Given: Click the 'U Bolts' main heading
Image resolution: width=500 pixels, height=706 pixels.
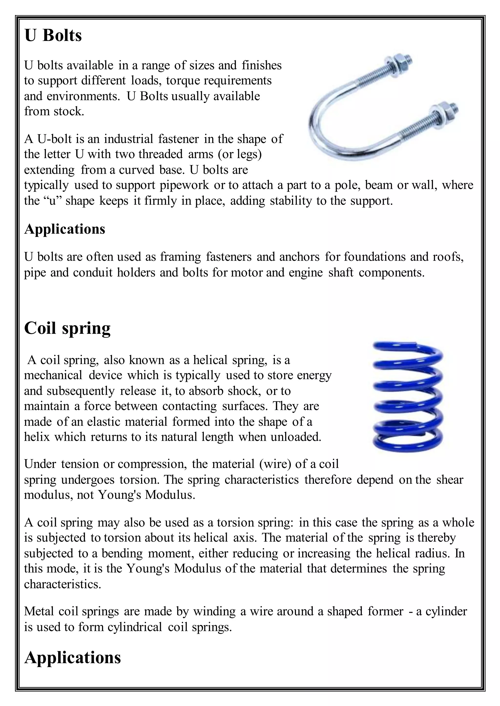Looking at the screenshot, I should coord(53,36).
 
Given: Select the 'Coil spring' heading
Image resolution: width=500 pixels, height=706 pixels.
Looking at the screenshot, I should coord(67,328).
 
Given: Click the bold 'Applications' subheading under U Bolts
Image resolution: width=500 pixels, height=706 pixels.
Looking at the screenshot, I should coord(65,229).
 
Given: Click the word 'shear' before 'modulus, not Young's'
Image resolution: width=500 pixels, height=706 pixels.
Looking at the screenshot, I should coord(449,480).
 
